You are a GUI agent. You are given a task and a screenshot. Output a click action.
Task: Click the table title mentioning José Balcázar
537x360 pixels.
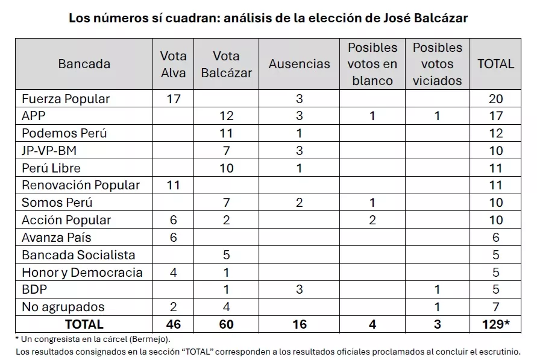pos(268,18)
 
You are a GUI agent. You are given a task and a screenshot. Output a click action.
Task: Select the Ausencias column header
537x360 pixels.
pos(300,64)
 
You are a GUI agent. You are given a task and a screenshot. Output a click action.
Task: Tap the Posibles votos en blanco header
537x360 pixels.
pos(373,64)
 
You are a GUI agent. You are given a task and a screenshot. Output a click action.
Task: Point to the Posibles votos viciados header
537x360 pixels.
pos(438,64)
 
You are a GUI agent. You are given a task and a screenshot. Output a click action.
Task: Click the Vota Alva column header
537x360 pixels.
pos(174,64)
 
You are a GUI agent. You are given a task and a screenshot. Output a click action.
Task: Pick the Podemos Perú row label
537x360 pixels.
pos(64,133)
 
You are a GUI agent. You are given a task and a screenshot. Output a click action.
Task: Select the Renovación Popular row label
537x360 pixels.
pos(81,185)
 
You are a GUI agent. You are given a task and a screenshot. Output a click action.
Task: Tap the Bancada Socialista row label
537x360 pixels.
pos(78,255)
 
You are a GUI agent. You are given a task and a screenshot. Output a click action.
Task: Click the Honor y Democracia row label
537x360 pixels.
pos(82,273)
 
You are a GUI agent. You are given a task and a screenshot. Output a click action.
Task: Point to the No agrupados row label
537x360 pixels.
pos(63,307)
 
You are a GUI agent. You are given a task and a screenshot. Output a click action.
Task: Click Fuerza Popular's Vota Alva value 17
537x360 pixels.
pos(174,99)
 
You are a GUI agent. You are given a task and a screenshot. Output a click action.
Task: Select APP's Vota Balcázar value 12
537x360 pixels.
pos(226,116)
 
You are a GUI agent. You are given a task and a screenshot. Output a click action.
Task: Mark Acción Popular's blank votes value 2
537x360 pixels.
pos(372,220)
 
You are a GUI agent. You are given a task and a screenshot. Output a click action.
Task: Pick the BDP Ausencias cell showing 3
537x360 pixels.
pos(300,289)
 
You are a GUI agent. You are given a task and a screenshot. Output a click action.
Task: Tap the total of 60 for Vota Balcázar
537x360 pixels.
pos(226,324)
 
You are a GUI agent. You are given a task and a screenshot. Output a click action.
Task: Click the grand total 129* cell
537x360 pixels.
pos(495,324)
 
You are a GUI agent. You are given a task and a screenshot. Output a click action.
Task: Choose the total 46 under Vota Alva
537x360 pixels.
pos(174,324)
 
